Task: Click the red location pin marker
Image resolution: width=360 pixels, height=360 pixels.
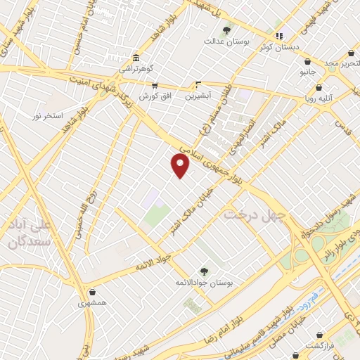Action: coord(181,165)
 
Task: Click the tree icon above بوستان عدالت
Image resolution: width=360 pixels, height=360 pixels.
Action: coord(226,30)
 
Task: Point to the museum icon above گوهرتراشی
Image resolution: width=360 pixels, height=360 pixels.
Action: coord(136,58)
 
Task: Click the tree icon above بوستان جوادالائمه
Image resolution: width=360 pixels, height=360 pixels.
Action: coord(204,271)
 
